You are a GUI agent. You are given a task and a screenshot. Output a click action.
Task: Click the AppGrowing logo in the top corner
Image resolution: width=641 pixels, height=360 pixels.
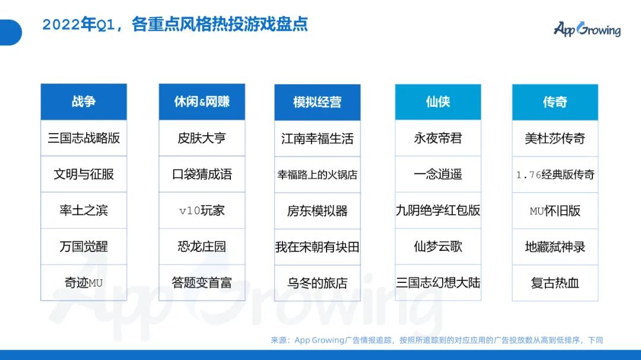(586, 29)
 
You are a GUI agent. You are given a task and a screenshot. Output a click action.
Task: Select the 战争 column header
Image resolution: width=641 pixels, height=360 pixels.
(84, 101)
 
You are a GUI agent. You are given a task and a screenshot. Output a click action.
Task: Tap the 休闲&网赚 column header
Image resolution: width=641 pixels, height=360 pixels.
(202, 101)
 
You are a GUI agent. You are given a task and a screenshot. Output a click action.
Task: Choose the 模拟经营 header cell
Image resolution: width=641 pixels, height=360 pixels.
(318, 102)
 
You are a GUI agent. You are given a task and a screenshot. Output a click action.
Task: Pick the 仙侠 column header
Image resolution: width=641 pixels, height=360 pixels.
(438, 102)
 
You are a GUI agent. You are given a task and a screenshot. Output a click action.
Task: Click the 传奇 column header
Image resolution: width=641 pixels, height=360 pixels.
(555, 102)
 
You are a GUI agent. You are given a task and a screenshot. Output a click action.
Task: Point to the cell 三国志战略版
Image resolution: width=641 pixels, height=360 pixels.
(84, 138)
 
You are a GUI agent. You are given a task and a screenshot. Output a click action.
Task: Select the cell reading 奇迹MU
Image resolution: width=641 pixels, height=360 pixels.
(84, 283)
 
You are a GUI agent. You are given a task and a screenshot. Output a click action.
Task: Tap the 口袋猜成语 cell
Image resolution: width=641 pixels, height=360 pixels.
(202, 174)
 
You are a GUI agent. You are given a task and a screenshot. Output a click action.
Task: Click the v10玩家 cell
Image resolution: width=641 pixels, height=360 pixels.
(202, 211)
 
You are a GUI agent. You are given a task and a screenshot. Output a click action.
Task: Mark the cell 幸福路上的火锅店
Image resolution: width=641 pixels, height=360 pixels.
(318, 175)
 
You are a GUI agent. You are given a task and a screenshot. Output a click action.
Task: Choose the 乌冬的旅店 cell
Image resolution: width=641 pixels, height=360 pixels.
(318, 283)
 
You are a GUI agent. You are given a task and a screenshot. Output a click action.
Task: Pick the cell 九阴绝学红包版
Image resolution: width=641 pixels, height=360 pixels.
(438, 211)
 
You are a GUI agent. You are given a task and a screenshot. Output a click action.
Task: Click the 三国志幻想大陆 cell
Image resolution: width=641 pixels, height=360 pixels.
(438, 283)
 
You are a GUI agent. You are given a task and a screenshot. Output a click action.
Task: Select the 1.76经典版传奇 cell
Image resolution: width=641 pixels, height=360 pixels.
(555, 175)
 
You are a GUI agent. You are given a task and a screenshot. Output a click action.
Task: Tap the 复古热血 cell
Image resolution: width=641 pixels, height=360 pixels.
(555, 283)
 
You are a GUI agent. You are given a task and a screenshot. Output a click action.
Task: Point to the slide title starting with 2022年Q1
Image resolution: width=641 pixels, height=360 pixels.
(175, 25)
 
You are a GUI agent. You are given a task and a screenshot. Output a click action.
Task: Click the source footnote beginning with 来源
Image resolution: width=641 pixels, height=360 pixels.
(437, 340)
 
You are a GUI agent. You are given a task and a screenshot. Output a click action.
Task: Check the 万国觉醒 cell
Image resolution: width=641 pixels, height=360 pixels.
(84, 247)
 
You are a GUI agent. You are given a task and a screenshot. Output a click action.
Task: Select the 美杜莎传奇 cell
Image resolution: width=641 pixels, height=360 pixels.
(555, 139)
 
